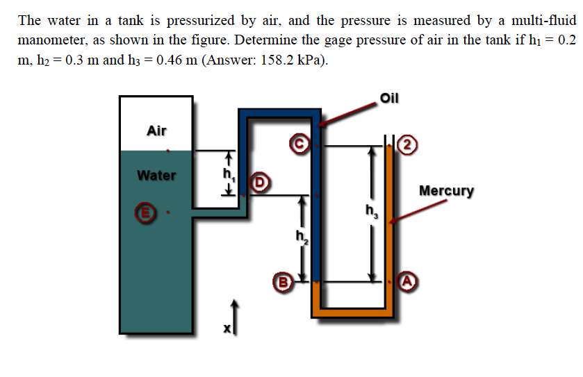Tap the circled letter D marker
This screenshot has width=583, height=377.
pyautogui.click(x=263, y=184)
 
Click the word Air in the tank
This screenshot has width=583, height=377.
pyautogui.click(x=157, y=130)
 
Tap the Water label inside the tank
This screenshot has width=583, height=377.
pyautogui.click(x=156, y=175)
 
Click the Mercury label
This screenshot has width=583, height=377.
pyautogui.click(x=447, y=190)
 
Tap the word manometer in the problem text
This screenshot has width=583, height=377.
pyautogui.click(x=48, y=39)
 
